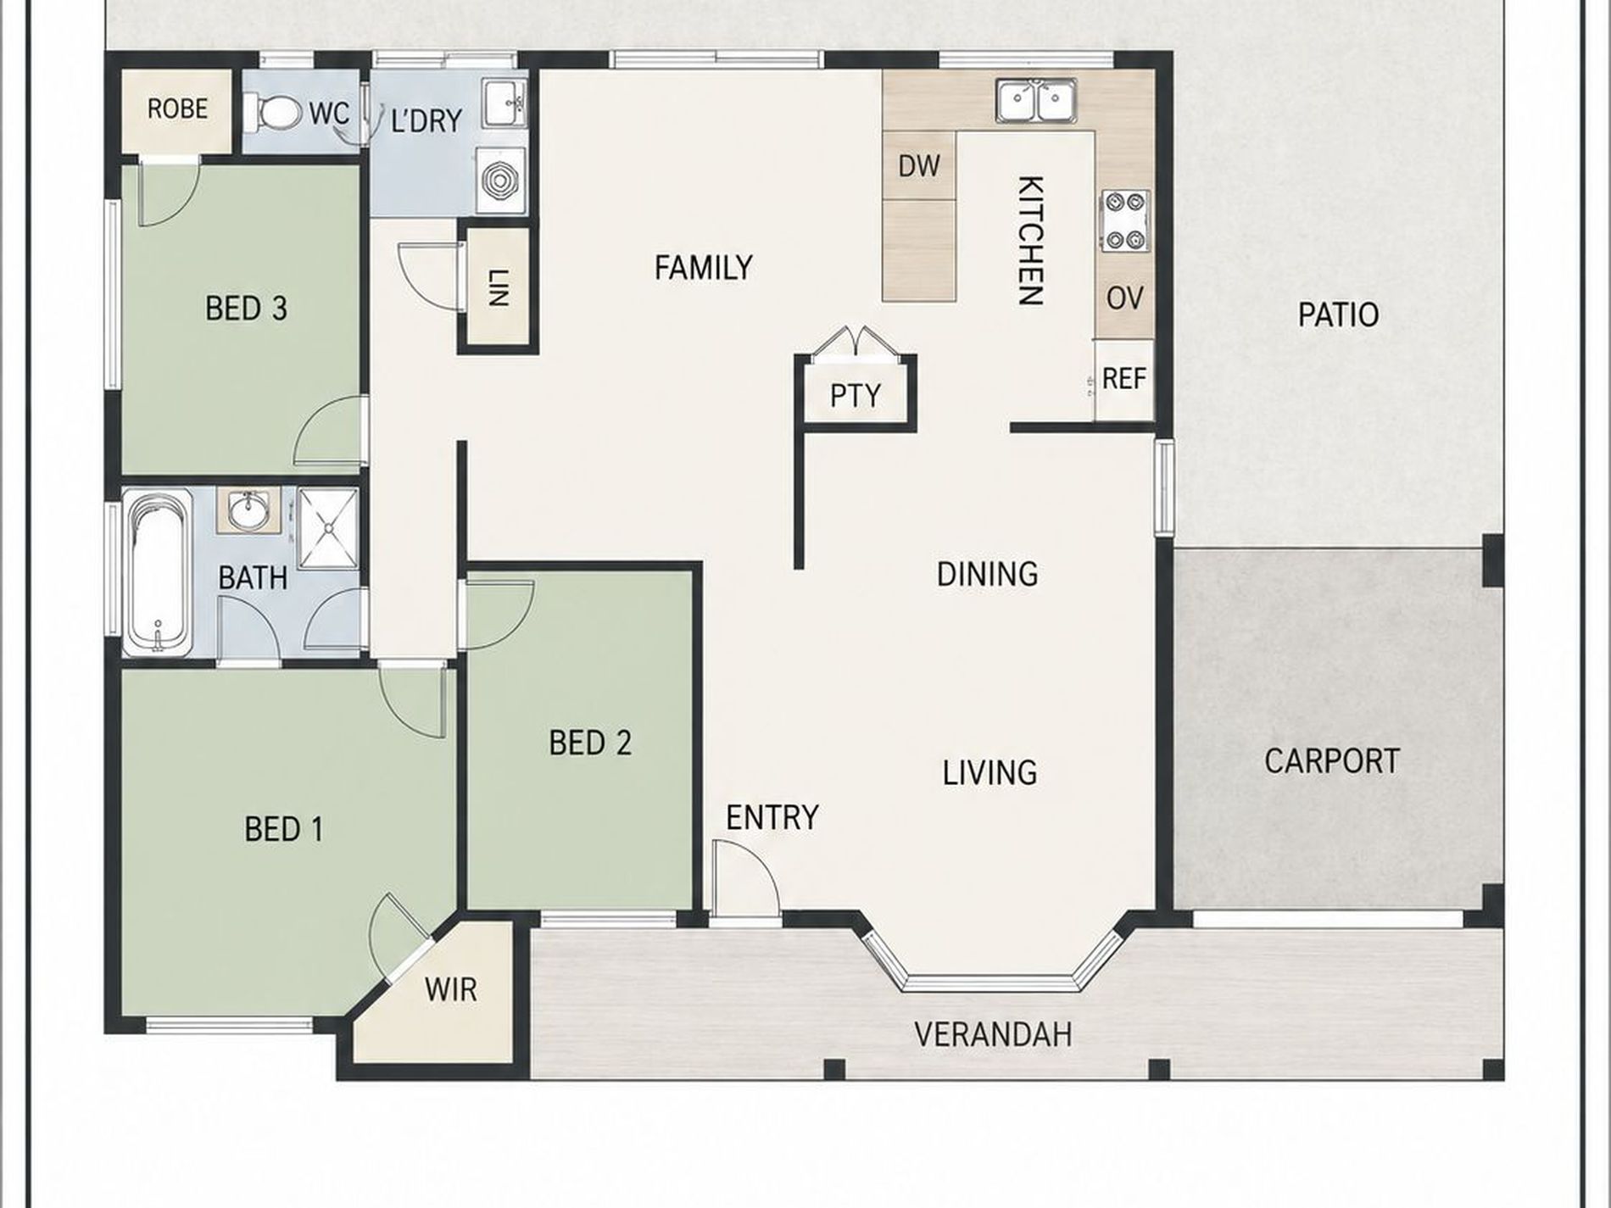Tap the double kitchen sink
(1035, 102)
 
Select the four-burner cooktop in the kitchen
(1125, 221)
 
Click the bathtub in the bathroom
(158, 572)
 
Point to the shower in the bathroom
(328, 528)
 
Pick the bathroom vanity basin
(248, 510)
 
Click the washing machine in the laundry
(500, 180)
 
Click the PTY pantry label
(855, 396)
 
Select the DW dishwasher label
(919, 166)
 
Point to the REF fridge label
(1124, 378)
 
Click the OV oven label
(1125, 298)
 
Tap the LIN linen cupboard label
(498, 287)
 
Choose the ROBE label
(177, 109)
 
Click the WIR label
(450, 989)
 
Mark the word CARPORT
(1331, 760)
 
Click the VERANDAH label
(993, 1034)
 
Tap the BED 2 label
(590, 743)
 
